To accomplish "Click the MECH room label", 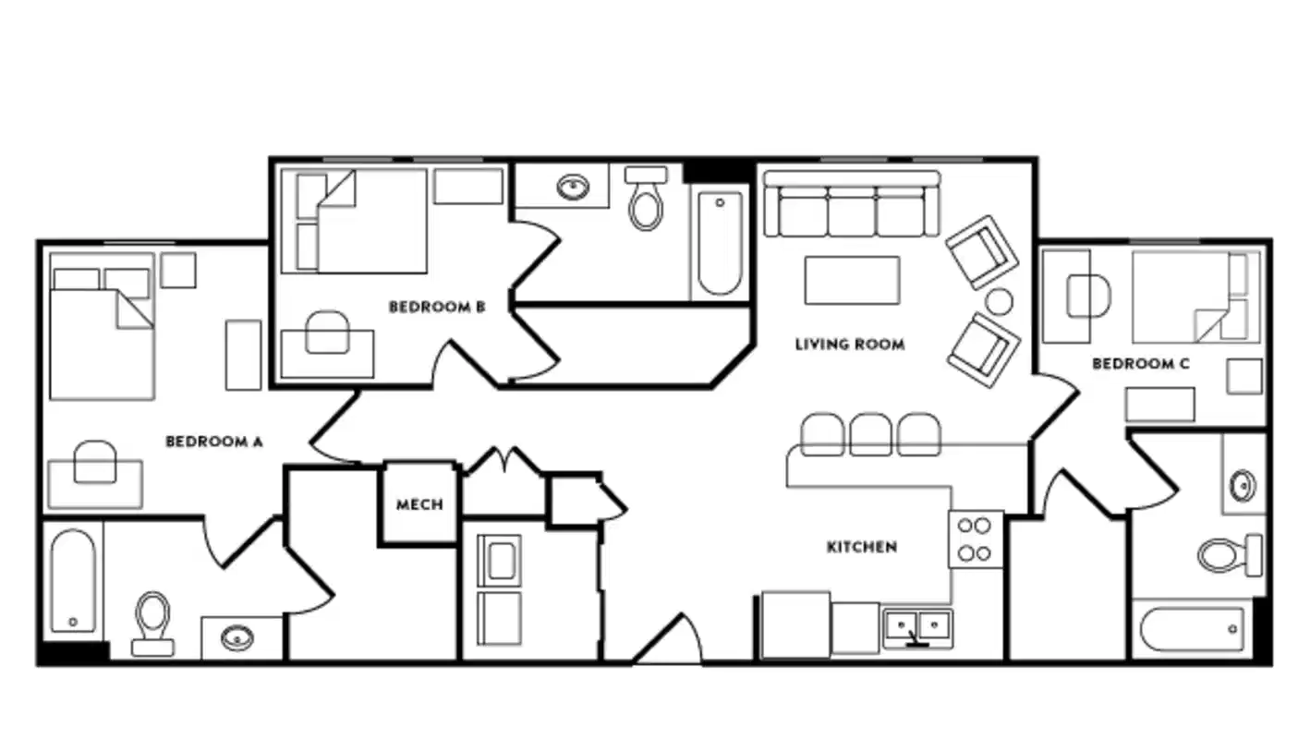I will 419,504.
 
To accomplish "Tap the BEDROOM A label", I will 213,442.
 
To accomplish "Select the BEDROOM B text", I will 437,307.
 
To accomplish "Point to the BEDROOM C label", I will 1140,364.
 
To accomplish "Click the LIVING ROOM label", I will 850,345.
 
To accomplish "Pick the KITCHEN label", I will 861,547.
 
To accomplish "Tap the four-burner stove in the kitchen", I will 975,539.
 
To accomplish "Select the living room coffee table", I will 852,280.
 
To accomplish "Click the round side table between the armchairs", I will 999,301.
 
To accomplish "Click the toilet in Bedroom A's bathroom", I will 152,621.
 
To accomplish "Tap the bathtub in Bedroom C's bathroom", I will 1193,629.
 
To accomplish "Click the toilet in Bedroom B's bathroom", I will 646,199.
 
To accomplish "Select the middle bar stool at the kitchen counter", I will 870,434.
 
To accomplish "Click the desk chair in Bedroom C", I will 1088,296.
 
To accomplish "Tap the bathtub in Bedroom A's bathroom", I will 73,580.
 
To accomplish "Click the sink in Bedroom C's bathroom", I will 1243,486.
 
